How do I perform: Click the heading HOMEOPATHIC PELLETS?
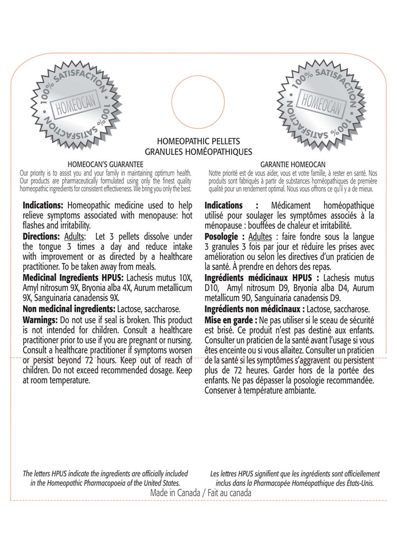point(197,142)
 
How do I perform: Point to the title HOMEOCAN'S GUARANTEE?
point(105,164)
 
